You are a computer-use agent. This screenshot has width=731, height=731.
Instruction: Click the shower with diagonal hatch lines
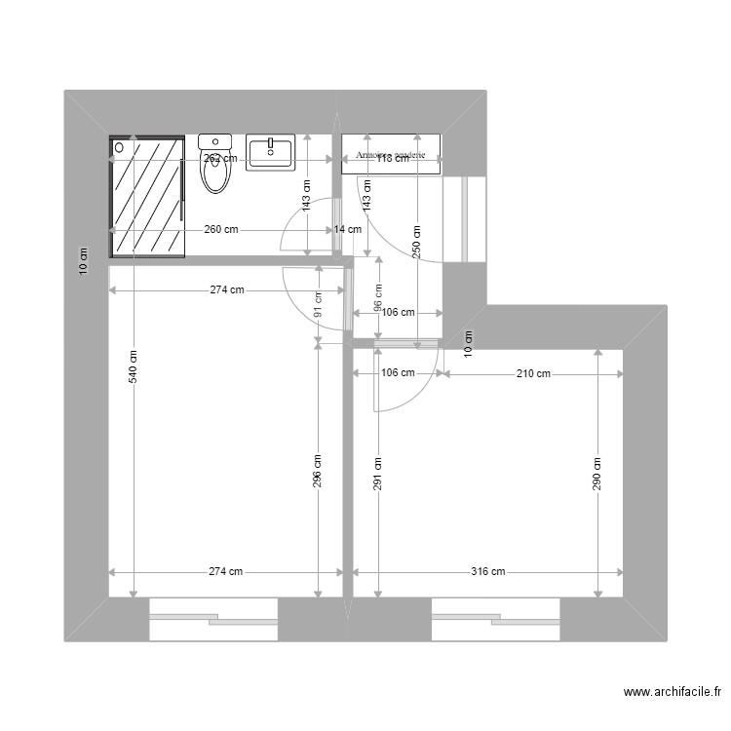[146, 196]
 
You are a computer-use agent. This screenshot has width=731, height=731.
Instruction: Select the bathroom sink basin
[270, 153]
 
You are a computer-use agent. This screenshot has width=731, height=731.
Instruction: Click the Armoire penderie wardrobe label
[390, 156]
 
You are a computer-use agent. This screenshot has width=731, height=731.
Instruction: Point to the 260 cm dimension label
[221, 230]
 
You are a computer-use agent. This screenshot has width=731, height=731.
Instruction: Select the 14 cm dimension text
[347, 230]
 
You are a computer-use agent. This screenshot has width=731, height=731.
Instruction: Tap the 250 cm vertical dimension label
[417, 240]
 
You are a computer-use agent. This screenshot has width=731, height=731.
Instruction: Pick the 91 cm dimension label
[319, 305]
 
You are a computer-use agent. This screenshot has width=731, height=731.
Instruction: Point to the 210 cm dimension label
[534, 373]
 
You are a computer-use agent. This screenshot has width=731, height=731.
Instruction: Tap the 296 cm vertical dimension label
[319, 471]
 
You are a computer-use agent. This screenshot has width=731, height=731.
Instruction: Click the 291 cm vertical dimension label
[378, 474]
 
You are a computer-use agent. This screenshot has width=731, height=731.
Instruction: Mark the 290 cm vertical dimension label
[596, 474]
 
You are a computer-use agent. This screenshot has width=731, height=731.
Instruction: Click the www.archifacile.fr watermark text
[672, 693]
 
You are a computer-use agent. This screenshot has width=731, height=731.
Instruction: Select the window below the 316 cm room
[495, 620]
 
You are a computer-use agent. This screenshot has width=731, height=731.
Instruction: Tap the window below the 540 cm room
[213, 620]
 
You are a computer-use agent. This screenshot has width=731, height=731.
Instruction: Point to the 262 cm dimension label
[220, 158]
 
